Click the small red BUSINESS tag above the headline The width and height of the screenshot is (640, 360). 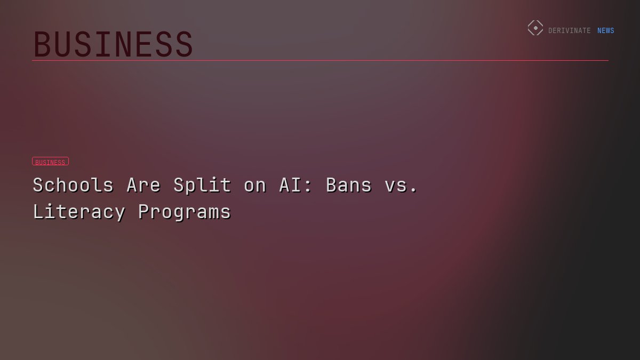click(x=50, y=162)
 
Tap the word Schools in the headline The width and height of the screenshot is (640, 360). click(x=73, y=185)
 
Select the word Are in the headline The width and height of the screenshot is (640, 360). click(x=143, y=185)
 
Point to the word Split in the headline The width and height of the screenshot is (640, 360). click(x=202, y=185)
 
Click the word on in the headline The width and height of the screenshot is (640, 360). click(x=255, y=185)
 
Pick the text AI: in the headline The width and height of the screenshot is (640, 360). click(x=296, y=185)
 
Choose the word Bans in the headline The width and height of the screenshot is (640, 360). click(x=349, y=185)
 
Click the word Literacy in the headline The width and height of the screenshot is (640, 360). click(x=79, y=212)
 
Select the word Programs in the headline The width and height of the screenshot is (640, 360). click(x=185, y=212)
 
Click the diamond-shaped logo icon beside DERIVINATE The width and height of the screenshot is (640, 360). click(x=535, y=28)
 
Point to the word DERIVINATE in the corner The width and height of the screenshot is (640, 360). click(x=570, y=31)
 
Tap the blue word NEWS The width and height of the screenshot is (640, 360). click(x=606, y=31)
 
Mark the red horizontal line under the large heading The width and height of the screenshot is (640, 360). click(x=320, y=60)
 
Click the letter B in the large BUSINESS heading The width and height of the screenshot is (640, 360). click(x=42, y=44)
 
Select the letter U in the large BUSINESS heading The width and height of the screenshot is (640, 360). click(x=65, y=44)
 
